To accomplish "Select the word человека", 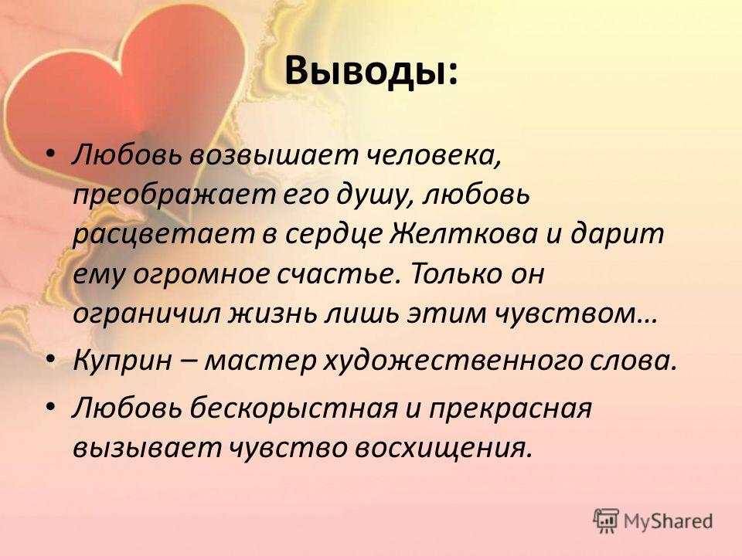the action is (434, 156).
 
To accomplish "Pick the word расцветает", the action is (163, 235).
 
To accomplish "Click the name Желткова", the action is (463, 233).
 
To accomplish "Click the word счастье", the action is (335, 273).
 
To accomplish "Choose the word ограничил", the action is (146, 314).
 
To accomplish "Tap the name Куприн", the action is (122, 361).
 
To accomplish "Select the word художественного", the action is (453, 361).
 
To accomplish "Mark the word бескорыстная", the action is (294, 409).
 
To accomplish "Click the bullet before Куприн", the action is (52, 361).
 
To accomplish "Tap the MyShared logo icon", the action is (606, 521).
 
